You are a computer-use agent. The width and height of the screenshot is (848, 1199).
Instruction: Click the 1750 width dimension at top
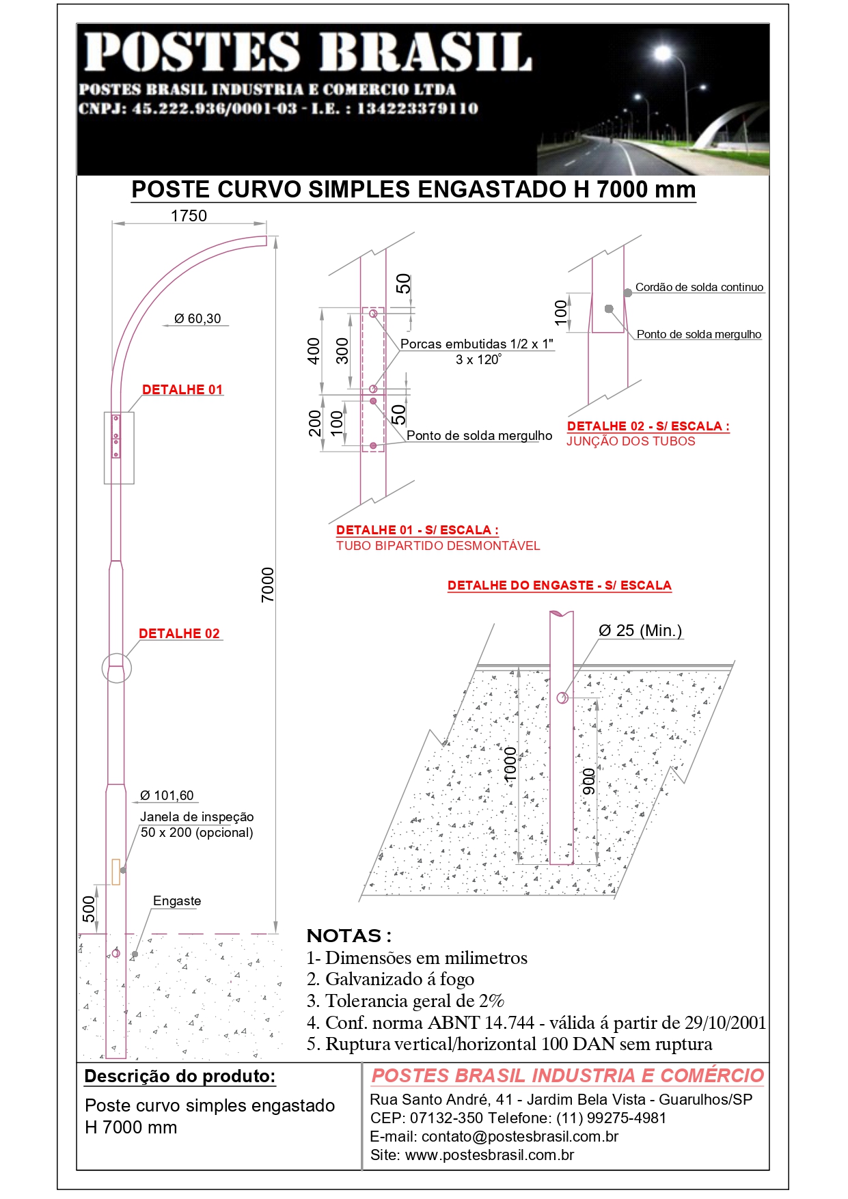tap(189, 216)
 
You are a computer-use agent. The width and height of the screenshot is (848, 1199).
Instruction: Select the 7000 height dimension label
tap(268, 585)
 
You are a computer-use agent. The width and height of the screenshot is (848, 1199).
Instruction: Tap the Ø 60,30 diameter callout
tap(197, 318)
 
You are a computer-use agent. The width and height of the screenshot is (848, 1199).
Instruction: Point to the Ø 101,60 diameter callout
tap(167, 795)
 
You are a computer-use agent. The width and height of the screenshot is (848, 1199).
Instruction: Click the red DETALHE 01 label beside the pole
tap(182, 389)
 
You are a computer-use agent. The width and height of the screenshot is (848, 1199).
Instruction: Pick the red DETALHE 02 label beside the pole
tap(179, 633)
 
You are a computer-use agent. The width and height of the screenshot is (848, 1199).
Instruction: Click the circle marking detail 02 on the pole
tap(116, 667)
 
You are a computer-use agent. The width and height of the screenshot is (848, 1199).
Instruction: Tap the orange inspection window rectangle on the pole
tap(115, 872)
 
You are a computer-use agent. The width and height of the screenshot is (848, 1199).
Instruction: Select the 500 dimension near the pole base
tap(90, 909)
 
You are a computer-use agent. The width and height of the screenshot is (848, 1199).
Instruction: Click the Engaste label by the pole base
tap(177, 900)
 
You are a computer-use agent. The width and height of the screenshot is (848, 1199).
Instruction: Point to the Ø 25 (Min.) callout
tap(640, 631)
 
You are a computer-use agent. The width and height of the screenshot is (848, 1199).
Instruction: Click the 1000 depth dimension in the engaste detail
tap(510, 764)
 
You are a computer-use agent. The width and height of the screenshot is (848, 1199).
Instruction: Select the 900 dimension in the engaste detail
tap(588, 782)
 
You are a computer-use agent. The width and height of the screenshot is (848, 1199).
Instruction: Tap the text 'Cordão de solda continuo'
tap(699, 288)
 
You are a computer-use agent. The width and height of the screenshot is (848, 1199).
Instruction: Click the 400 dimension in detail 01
tap(314, 350)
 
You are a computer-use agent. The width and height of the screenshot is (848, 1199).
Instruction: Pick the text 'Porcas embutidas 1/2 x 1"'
tap(477, 344)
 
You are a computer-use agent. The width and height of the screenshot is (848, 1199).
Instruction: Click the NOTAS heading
tap(349, 935)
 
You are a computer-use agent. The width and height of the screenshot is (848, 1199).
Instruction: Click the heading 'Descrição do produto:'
tap(180, 1076)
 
